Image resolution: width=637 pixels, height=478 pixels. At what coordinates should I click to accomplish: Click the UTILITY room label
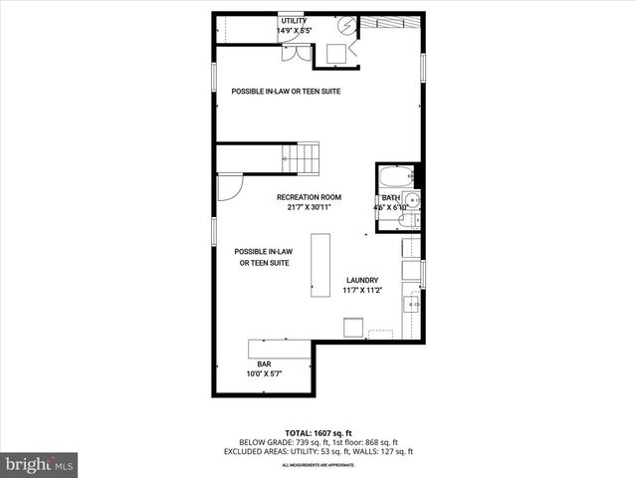coord(294,20)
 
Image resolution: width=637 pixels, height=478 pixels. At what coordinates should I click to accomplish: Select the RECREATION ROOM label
coord(309,197)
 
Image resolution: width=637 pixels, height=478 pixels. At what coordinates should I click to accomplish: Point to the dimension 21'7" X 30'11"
coord(309,207)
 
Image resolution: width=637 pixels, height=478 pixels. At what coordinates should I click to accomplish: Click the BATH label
coord(390,198)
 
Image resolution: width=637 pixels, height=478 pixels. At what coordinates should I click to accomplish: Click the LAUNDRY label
coord(363,280)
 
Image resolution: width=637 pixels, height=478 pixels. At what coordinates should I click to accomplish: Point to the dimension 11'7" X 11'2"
coord(363,291)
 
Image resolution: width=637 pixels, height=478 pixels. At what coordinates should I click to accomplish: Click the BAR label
coord(264,363)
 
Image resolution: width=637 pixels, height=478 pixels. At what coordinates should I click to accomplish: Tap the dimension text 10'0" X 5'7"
coord(264,373)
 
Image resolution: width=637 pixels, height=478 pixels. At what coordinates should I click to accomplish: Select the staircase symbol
coord(301,157)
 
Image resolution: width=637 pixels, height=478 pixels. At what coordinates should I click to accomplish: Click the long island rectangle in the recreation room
coord(320,265)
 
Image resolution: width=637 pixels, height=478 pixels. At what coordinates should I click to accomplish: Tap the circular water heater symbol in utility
coord(346,25)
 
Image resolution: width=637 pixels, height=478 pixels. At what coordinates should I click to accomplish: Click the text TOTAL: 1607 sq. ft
coord(318,433)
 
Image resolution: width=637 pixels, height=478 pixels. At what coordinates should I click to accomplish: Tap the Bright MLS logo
coord(40,464)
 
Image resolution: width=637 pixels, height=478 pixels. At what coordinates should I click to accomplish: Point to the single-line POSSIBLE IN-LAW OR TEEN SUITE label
coord(287,92)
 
